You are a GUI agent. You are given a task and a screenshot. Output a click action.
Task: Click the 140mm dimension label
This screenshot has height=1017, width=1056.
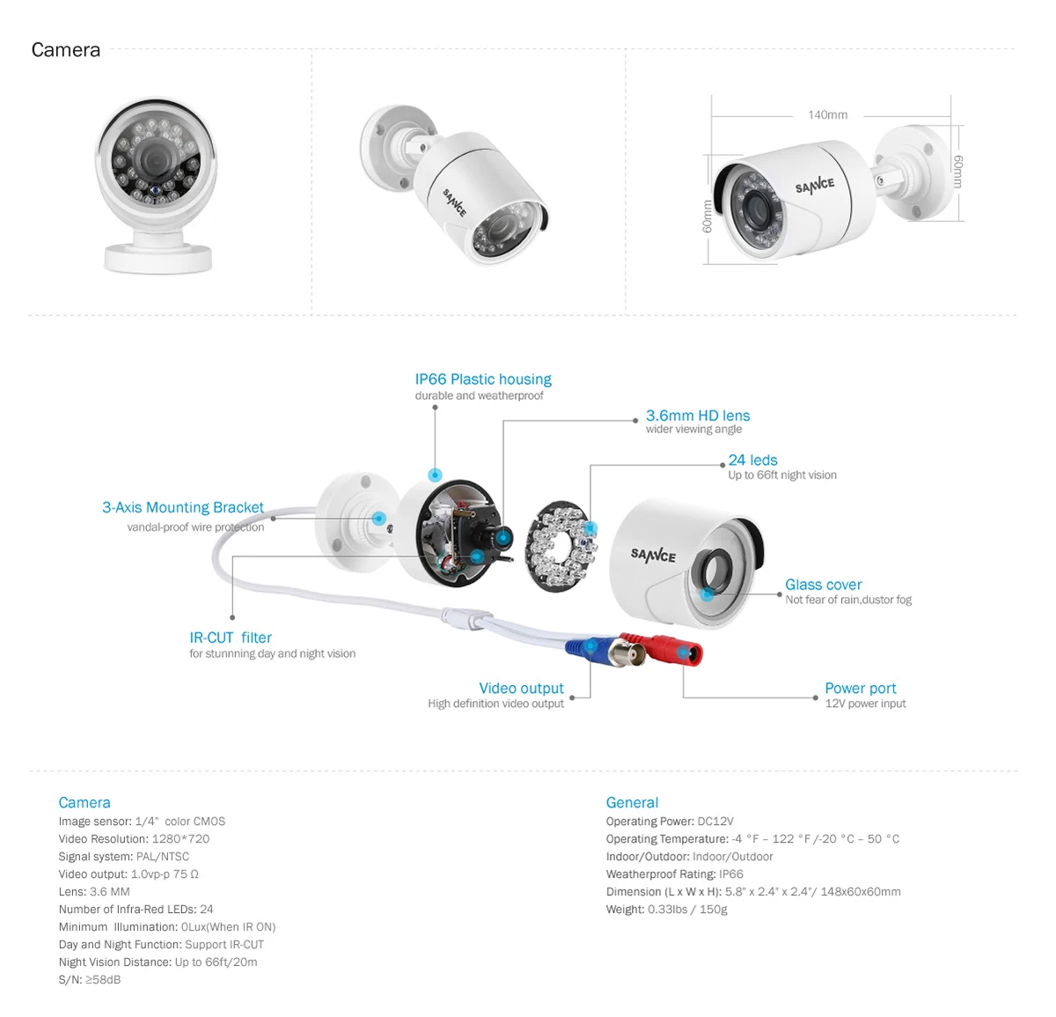coord(827,114)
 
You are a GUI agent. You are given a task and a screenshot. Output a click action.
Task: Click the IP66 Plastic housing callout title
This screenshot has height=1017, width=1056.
coord(483,380)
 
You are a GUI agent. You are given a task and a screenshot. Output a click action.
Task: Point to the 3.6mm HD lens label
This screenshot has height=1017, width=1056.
coord(698,416)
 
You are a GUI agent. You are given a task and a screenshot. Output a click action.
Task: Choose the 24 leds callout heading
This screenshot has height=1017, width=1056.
coord(752,461)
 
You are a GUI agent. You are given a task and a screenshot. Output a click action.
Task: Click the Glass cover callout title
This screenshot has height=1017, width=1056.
coord(823,585)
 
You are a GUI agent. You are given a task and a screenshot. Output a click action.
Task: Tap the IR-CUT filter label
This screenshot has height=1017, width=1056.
coord(231,637)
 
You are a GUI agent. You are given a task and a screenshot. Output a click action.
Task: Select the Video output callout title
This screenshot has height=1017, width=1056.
coord(521,689)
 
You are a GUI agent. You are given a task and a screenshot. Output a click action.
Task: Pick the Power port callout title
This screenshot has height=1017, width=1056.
coord(860,689)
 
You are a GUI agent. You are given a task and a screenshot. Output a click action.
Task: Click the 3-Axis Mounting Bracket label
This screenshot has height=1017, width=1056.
coord(183,507)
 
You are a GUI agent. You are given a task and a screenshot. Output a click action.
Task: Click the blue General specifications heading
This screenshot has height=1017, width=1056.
coord(632,802)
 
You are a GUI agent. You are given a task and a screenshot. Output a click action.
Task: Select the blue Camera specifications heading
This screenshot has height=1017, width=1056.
coord(84,802)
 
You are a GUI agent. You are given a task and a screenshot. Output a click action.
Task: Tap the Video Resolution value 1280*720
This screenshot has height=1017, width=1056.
coord(180,839)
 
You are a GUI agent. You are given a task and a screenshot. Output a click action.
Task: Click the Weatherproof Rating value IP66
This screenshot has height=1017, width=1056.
coord(730,874)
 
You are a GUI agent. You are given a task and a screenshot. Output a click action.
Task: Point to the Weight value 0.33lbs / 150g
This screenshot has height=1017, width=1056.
coord(687,910)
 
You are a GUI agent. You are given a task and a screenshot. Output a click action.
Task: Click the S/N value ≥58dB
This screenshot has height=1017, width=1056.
coord(103,980)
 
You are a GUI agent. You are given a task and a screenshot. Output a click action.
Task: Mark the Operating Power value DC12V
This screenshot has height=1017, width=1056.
coord(715,822)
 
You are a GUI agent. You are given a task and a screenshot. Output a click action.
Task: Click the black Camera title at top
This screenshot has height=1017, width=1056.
coord(66,50)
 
